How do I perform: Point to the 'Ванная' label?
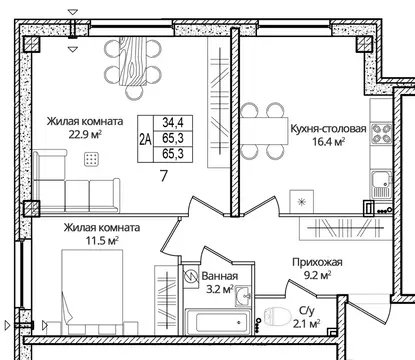point(219,276)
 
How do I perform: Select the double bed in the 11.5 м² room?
point(93,295)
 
